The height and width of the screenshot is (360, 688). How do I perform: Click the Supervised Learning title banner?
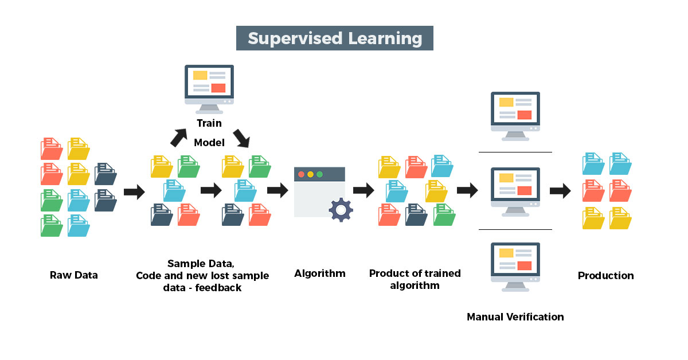(334, 38)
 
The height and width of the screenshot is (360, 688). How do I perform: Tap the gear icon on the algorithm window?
(341, 210)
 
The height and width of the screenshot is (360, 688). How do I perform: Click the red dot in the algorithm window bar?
(302, 174)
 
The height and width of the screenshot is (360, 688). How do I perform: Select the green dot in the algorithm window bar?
(320, 174)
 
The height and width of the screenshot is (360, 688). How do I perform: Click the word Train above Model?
(209, 123)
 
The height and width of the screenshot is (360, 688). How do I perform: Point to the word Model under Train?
(209, 143)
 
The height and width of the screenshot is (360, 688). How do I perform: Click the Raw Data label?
(74, 275)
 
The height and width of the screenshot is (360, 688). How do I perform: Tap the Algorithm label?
(320, 273)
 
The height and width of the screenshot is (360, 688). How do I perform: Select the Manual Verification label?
(515, 316)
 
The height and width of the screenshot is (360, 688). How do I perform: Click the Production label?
(605, 276)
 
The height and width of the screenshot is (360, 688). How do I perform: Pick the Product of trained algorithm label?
(415, 279)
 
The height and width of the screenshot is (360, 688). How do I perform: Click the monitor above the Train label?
(209, 89)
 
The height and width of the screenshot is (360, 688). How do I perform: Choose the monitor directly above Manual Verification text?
(515, 267)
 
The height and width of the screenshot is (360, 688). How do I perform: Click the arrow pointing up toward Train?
(179, 138)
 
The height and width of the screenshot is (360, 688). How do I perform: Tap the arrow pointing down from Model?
(241, 139)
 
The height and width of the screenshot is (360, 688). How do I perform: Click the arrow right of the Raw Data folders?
(134, 192)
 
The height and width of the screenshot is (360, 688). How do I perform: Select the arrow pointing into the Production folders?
(560, 191)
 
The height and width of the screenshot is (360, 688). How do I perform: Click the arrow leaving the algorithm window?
(363, 190)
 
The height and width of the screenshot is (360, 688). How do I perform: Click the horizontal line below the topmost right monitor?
(515, 152)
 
